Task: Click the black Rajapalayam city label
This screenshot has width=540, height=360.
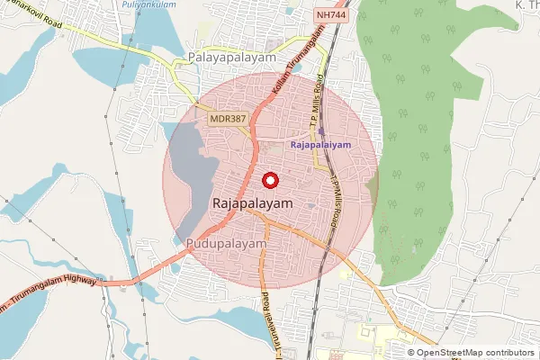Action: point(254,205)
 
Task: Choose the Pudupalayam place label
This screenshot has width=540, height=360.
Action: point(227,244)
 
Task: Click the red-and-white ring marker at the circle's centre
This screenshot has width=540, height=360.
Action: point(270,180)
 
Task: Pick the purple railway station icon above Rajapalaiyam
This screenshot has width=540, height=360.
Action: point(321,131)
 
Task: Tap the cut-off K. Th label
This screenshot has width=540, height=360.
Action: point(526,5)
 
